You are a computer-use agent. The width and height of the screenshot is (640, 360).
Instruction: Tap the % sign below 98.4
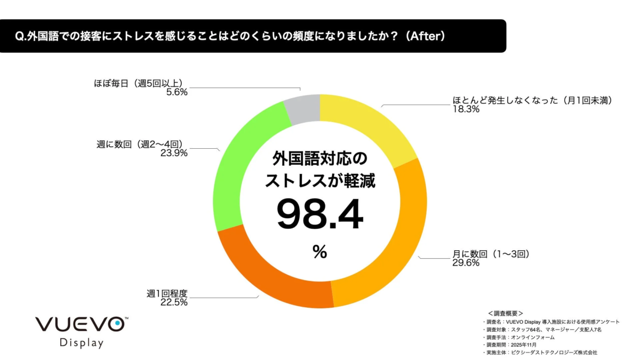point(319,252)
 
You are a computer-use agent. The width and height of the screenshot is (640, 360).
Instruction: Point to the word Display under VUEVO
point(81,342)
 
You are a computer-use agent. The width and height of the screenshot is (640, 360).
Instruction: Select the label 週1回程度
point(167,293)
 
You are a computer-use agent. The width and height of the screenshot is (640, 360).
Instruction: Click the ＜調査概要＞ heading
point(505,313)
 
